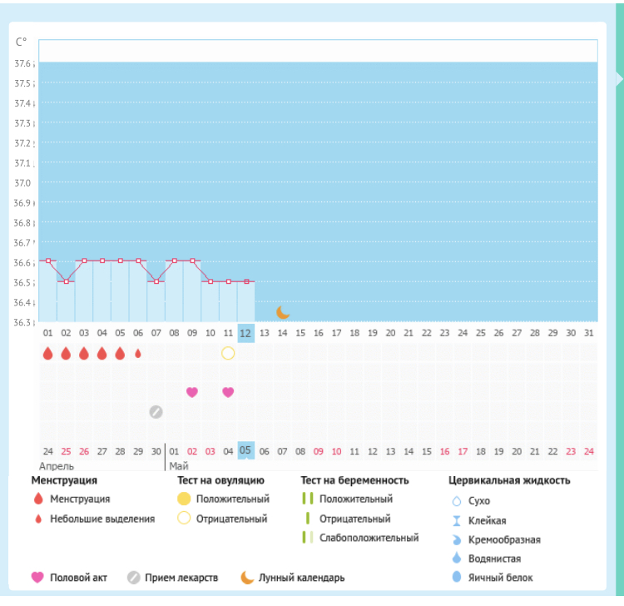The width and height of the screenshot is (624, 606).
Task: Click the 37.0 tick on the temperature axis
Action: [x=22, y=183]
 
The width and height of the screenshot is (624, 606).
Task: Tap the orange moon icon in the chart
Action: [x=283, y=312]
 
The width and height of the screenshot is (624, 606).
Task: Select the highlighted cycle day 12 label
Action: [x=245, y=333]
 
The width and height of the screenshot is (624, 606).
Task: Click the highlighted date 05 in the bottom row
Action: [x=245, y=450]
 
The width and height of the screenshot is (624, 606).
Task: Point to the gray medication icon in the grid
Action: [x=156, y=411]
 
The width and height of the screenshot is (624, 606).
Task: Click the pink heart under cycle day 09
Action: [x=192, y=392]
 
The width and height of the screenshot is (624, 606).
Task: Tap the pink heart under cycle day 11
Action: [x=228, y=392]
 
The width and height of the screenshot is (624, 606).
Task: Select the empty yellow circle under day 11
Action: [x=228, y=353]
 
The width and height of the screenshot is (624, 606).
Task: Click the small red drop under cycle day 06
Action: [x=138, y=353]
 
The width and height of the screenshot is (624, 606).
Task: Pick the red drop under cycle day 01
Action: [x=48, y=353]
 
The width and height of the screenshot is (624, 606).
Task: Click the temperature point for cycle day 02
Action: [x=67, y=281]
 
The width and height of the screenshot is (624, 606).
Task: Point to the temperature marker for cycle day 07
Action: [x=156, y=281]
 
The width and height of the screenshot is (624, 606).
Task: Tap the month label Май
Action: [x=178, y=466]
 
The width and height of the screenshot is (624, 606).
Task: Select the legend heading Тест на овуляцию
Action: [x=220, y=480]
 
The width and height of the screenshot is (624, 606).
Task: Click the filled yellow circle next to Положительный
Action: [x=184, y=499]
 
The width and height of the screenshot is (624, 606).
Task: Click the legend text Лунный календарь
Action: [x=301, y=578]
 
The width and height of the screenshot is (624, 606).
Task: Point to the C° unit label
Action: [x=22, y=42]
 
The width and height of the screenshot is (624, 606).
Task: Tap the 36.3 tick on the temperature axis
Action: [x=22, y=323]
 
